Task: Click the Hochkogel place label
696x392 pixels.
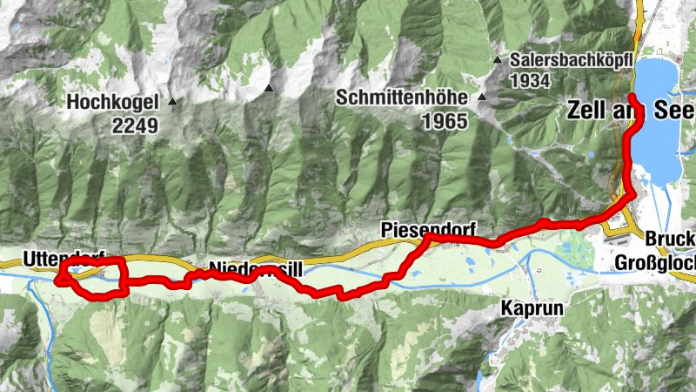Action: tap(112, 102)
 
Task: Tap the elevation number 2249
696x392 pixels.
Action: tap(135, 125)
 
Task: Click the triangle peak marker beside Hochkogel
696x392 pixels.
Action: tap(171, 102)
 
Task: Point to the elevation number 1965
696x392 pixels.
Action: tap(445, 121)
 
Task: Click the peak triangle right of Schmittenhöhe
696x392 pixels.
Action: tap(479, 98)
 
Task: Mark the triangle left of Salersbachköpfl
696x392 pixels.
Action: tap(497, 61)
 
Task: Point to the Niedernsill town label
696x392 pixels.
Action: tap(256, 269)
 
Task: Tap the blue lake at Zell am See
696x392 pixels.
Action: tap(659, 131)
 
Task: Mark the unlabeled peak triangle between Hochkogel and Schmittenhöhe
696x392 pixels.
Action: tap(270, 88)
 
